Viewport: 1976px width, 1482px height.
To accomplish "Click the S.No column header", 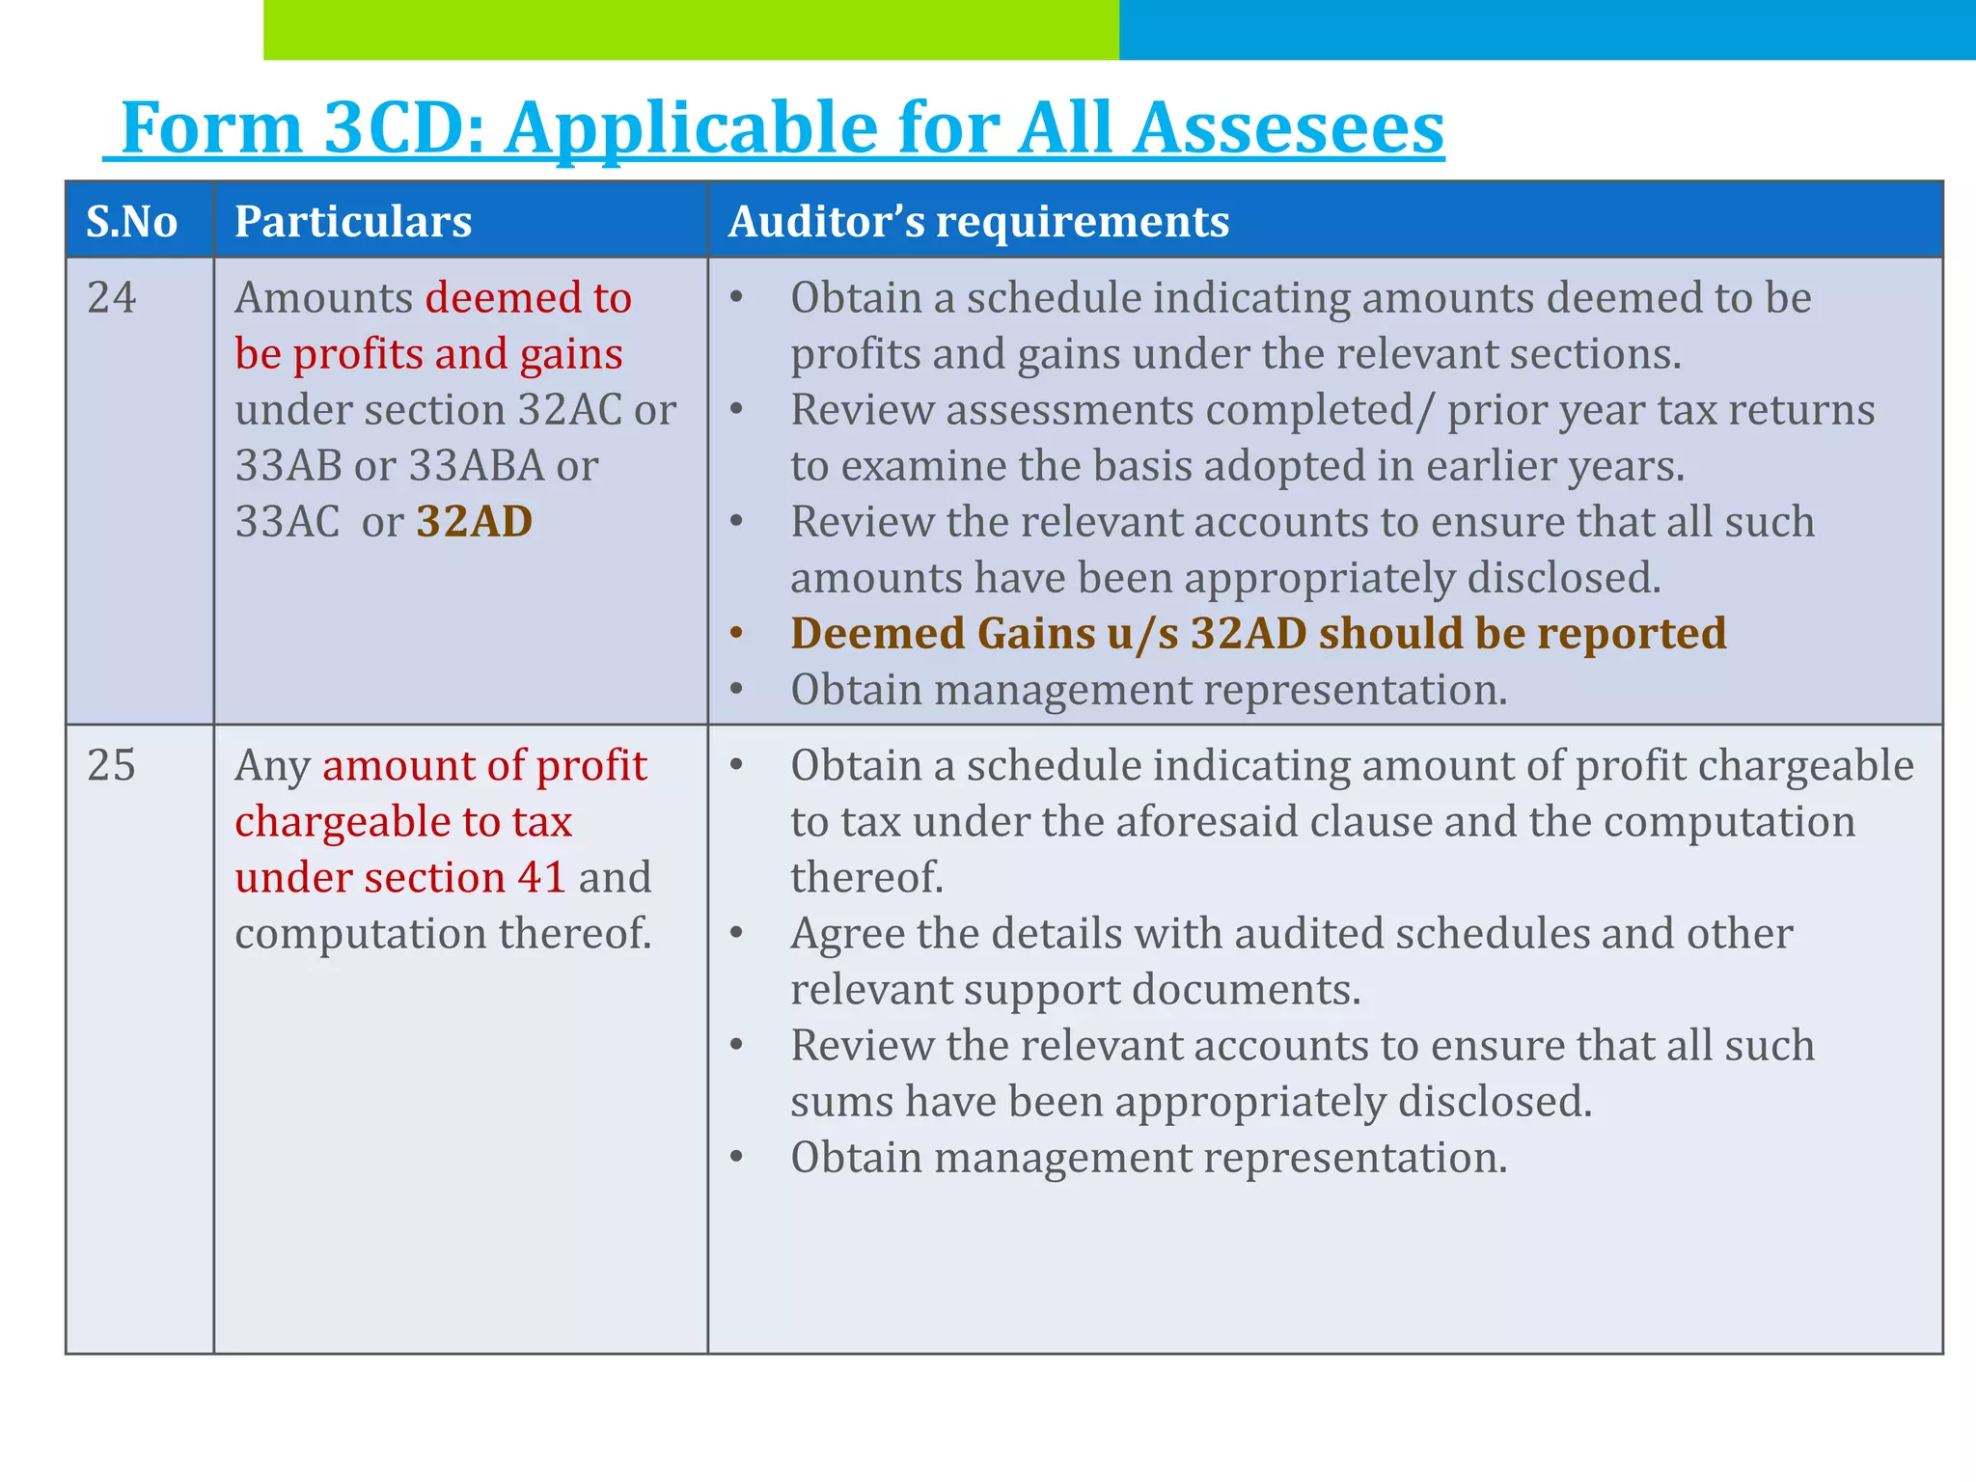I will click(x=132, y=222).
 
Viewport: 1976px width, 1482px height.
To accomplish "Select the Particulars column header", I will click(x=353, y=222).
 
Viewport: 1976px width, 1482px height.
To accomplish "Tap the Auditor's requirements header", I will click(x=978, y=222).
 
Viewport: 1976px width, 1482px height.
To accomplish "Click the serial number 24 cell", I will click(x=112, y=298).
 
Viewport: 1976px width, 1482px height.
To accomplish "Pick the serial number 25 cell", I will click(x=112, y=766).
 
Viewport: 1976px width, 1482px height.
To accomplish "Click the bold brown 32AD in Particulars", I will click(x=474, y=522).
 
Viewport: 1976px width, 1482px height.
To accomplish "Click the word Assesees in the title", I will click(x=1288, y=128).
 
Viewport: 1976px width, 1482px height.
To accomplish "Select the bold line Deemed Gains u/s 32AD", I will click(x=1257, y=634).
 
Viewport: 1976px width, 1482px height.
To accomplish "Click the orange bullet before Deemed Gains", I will click(x=737, y=634).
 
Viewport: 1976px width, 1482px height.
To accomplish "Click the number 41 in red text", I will click(x=541, y=878).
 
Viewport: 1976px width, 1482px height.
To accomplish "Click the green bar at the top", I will click(x=691, y=30).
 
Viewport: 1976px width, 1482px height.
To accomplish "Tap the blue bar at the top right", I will click(x=1547, y=30).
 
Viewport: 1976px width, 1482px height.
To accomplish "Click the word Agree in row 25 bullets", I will click(x=847, y=934).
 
